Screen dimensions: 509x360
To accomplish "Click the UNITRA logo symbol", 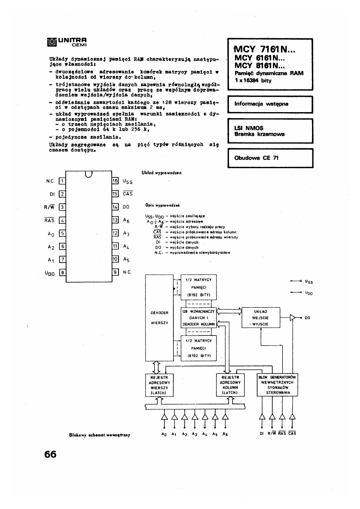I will [x=51, y=42].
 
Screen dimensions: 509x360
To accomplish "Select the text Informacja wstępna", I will [x=261, y=104].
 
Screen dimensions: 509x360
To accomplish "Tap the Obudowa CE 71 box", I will [x=270, y=158].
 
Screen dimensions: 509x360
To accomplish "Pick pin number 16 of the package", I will [x=115, y=180].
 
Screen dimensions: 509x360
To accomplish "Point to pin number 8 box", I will [x=62, y=272].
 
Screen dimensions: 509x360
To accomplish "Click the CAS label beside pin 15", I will [x=127, y=194].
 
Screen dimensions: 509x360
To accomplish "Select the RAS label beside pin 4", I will [x=50, y=220].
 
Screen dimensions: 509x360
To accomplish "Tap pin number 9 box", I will [x=115, y=272].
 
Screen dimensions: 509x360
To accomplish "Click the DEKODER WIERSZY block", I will [x=159, y=317].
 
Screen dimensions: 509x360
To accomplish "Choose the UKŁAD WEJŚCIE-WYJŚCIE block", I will [x=261, y=317].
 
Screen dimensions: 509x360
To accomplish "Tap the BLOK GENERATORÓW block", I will [x=277, y=385].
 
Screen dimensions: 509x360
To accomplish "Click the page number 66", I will [x=50, y=454].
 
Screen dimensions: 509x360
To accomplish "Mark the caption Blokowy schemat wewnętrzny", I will [x=101, y=435].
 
